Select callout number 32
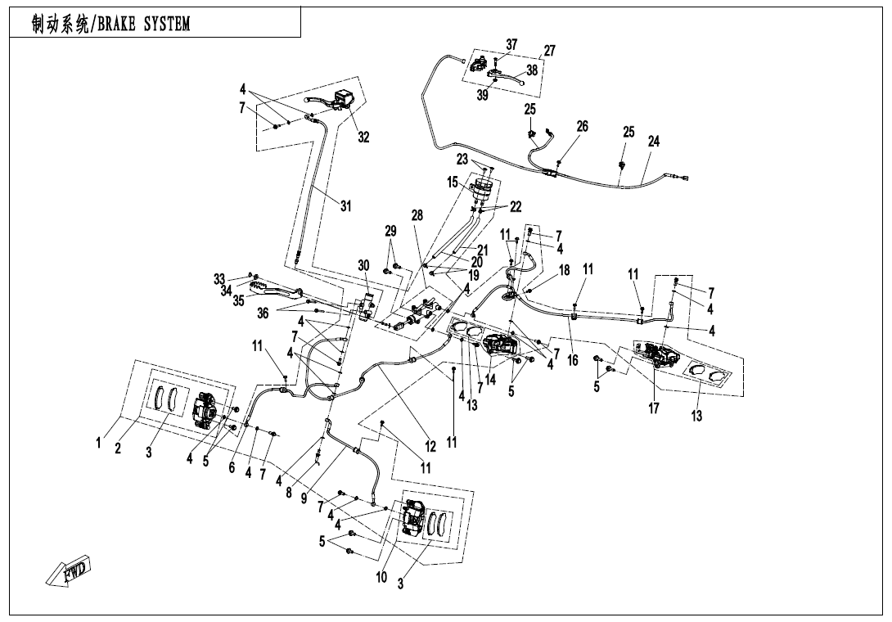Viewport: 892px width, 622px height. (x=363, y=137)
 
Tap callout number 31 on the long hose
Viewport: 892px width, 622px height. (x=346, y=206)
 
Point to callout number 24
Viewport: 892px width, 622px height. (x=653, y=141)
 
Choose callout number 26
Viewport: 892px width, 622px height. (x=582, y=126)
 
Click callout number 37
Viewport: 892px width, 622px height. (x=511, y=44)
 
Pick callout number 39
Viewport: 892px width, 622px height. (x=483, y=96)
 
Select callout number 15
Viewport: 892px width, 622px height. (x=453, y=183)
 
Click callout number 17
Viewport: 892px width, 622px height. (x=654, y=408)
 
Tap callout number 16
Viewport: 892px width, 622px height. (x=572, y=360)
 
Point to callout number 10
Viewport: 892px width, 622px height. (x=381, y=578)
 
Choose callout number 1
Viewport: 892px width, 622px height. (x=98, y=443)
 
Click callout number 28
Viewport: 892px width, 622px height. (x=417, y=216)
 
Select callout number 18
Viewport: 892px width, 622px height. (x=565, y=271)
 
